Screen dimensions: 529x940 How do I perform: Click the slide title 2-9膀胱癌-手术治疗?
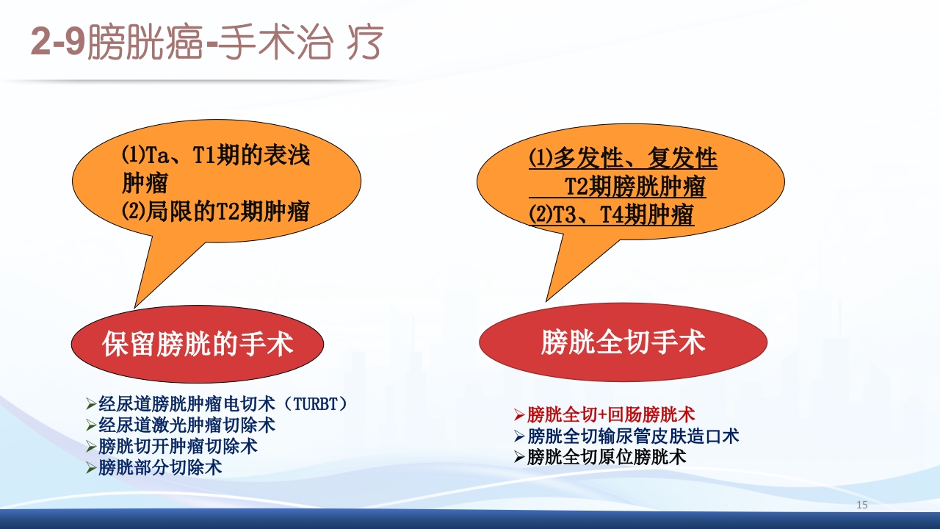click(206, 43)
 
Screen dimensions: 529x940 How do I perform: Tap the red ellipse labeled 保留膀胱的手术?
click(198, 344)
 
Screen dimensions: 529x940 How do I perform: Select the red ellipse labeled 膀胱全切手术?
click(623, 342)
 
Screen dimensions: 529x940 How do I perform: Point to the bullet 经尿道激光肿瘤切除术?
click(187, 425)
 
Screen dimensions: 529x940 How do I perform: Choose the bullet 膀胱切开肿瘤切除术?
click(178, 446)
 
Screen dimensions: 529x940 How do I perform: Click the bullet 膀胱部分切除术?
click(160, 467)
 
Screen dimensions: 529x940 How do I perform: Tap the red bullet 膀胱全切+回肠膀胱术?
click(611, 414)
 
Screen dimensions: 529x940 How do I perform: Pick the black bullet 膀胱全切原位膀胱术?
click(607, 456)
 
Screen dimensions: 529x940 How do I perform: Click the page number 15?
click(862, 505)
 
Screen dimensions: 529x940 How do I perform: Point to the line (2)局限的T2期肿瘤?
click(215, 212)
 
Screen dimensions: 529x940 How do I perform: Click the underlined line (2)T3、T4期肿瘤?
click(611, 215)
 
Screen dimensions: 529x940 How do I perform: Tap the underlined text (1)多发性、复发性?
click(623, 158)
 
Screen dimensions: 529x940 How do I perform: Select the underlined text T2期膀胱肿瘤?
click(634, 187)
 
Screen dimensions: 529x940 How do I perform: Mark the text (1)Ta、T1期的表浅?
click(215, 156)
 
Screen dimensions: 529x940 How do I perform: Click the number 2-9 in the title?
click(58, 44)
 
